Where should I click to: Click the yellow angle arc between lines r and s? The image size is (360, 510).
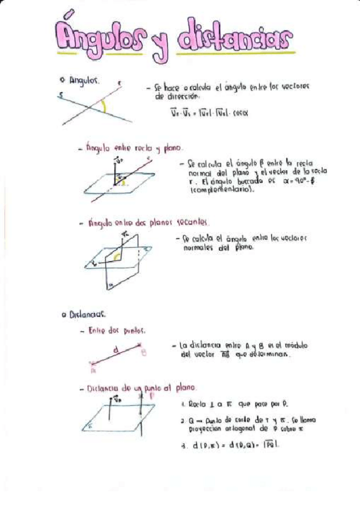click(105, 107)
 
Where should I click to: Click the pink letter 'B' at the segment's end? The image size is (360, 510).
click(144, 354)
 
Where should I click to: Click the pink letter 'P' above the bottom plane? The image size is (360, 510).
click(151, 396)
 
